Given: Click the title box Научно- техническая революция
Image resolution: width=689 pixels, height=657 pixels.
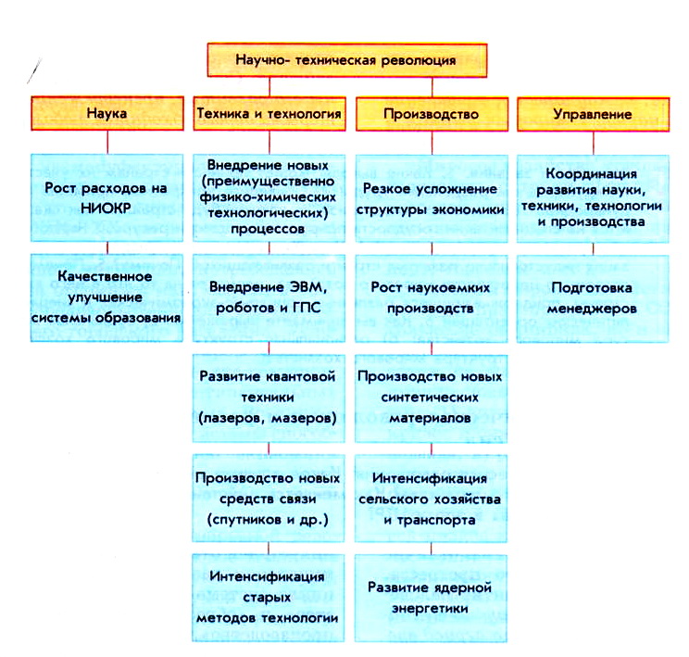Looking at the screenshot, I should point(344,61).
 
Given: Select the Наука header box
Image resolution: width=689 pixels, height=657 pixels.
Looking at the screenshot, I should point(106,114).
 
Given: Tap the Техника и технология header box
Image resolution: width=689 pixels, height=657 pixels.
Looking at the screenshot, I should point(269,114).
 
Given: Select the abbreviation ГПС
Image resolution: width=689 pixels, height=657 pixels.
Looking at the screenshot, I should point(300,307).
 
